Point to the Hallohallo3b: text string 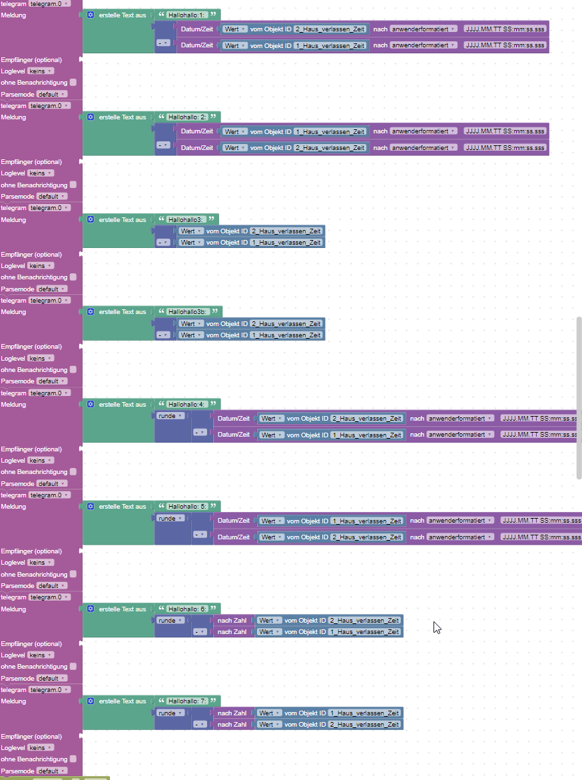[x=188, y=311]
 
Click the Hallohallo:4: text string [x=186, y=404]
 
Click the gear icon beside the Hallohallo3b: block [x=91, y=311]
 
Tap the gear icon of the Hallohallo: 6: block [x=91, y=609]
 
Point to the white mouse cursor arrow [x=436, y=627]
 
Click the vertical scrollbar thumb [x=579, y=397]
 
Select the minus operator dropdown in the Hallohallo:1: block [x=163, y=43]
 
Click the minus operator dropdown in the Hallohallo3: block [x=163, y=243]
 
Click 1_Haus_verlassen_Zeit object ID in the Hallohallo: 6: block [x=365, y=632]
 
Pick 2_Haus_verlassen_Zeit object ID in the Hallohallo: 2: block [x=330, y=148]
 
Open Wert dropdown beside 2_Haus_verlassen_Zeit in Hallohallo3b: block [x=190, y=323]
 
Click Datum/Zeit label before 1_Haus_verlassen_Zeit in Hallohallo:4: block [x=234, y=435]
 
